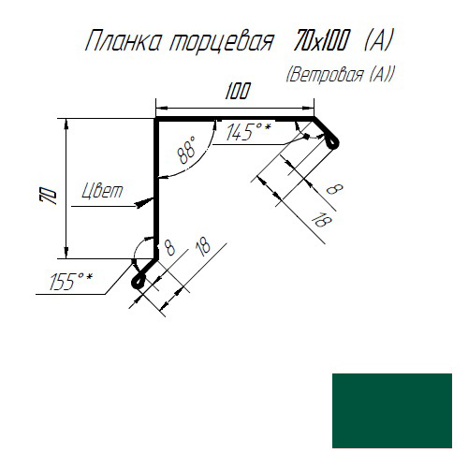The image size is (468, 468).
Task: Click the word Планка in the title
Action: point(123,41)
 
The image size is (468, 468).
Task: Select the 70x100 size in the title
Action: point(320,40)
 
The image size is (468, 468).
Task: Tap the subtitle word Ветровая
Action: point(326,75)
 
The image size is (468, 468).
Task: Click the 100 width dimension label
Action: point(238,92)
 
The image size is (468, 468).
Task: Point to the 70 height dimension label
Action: point(49,196)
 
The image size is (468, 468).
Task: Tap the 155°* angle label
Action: point(71,281)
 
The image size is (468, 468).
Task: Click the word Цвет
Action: point(102,191)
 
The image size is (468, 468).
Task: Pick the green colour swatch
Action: point(392,411)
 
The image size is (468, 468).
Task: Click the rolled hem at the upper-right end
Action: point(332,142)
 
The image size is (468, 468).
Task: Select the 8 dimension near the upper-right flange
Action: point(334,189)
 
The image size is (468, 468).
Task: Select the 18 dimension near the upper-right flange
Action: point(321,220)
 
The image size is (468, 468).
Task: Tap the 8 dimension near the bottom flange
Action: point(169,248)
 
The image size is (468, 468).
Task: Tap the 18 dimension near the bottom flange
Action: point(203,247)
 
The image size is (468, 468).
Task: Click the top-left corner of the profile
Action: point(156,119)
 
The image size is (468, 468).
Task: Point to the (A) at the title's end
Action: point(377,40)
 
